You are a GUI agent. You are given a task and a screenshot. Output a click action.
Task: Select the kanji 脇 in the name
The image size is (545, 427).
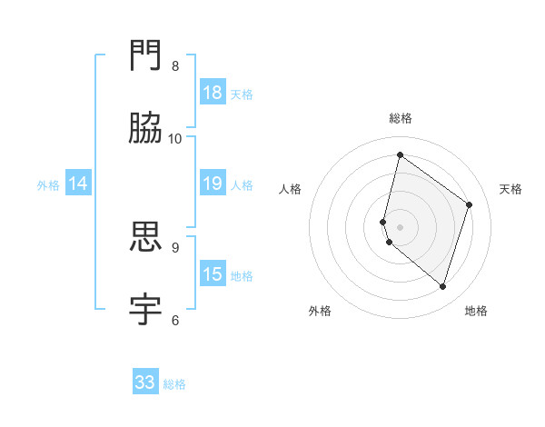pyautogui.click(x=146, y=128)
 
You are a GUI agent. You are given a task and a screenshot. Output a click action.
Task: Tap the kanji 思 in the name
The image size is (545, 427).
pyautogui.click(x=146, y=237)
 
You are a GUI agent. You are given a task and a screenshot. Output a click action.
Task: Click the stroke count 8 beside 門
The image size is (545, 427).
pyautogui.click(x=175, y=66)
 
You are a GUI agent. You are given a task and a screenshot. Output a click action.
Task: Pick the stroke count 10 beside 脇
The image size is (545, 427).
pyautogui.click(x=175, y=138)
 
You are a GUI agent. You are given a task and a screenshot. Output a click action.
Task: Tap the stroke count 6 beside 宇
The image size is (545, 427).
pyautogui.click(x=175, y=320)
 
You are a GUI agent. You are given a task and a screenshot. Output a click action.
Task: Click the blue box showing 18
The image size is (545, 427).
pyautogui.click(x=213, y=92)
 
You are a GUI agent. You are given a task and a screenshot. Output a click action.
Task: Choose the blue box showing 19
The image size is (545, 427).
pyautogui.click(x=213, y=184)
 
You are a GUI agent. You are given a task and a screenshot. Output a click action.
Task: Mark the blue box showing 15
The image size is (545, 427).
pyautogui.click(x=213, y=273)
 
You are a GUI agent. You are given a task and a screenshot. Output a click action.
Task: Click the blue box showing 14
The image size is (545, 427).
pyautogui.click(x=79, y=184)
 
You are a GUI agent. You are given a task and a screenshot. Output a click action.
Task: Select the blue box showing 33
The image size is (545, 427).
pyautogui.click(x=145, y=382)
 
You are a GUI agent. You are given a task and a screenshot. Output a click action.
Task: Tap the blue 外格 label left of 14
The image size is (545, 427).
pyautogui.click(x=48, y=185)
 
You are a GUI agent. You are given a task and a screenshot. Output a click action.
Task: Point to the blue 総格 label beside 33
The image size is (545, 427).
pyautogui.click(x=174, y=384)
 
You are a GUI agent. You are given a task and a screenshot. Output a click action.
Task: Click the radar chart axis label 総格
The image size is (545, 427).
pyautogui.click(x=400, y=118)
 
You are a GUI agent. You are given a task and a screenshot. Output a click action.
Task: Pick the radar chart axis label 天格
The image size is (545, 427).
pyautogui.click(x=510, y=189)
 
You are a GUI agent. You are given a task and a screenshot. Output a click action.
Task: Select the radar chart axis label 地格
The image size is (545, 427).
pyautogui.click(x=476, y=311)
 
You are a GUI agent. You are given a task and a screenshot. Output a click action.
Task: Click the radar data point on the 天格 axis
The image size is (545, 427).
pyautogui.click(x=470, y=204)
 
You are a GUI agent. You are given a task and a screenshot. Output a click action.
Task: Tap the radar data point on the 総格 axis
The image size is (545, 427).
pyautogui.click(x=400, y=154)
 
